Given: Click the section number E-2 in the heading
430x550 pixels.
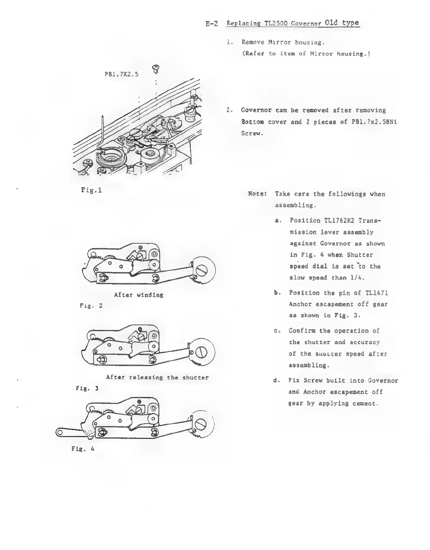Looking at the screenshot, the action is coord(212,24).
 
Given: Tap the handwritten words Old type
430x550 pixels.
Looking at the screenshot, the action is coord(342,23).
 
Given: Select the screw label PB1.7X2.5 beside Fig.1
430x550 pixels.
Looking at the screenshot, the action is coord(121,74).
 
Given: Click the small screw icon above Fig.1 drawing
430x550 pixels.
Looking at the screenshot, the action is coord(156,68).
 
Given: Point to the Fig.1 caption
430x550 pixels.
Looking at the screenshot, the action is coord(91,190).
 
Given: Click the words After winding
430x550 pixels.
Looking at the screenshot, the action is coord(139,295).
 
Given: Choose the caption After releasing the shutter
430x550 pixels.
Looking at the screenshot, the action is coord(157,377).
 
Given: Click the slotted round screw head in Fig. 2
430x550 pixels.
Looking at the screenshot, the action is coord(202,270).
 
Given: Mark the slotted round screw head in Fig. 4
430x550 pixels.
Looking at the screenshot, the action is coord(201,424).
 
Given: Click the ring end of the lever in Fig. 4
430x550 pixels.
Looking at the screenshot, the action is coord(60,433).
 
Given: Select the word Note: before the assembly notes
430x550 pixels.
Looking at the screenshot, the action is coord(257,194).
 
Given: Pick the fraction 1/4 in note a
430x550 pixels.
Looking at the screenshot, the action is coord(358,278).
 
